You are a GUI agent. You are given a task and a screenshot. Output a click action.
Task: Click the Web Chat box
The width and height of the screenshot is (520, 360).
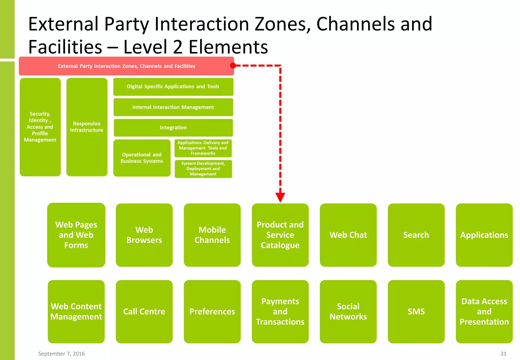point(348,235)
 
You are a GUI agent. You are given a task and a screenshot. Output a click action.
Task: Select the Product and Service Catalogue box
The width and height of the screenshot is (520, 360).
point(280,235)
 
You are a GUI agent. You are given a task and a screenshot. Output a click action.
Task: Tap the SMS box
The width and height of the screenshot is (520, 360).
point(416,312)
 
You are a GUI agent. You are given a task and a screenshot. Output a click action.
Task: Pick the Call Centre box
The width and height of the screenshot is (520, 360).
point(144,312)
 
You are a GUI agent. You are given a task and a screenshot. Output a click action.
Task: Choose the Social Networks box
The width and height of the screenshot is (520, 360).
point(348,312)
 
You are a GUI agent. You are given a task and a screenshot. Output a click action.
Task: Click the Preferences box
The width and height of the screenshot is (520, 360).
point(212,312)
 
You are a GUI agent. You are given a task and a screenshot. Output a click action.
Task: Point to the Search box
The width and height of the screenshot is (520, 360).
point(416,235)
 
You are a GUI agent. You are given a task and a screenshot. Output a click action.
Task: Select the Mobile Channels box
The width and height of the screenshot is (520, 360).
point(212,235)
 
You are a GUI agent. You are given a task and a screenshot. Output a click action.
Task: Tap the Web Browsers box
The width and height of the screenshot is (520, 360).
point(144,235)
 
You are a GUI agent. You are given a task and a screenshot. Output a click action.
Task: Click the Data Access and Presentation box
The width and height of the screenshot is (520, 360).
point(484,312)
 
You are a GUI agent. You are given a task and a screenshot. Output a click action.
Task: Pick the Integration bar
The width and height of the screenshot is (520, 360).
point(173,128)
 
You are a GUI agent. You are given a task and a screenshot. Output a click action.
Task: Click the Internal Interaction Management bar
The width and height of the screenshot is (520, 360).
point(173,107)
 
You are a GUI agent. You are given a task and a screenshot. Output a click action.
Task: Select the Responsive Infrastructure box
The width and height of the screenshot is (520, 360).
point(87,127)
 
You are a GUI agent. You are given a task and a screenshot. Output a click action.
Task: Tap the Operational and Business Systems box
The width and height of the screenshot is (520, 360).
point(142,158)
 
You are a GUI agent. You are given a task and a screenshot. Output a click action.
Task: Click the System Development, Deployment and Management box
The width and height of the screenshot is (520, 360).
point(203,169)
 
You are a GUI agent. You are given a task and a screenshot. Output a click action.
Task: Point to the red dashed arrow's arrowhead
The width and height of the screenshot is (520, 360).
point(280,197)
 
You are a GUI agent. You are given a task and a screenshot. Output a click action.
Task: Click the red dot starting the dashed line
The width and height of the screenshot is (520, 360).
point(233,66)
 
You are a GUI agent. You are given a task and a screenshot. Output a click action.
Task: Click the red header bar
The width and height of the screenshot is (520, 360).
point(126,66)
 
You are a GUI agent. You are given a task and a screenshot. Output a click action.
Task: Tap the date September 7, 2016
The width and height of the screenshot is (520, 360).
point(61,354)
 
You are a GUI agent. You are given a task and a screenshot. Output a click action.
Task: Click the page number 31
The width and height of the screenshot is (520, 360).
point(503,354)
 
